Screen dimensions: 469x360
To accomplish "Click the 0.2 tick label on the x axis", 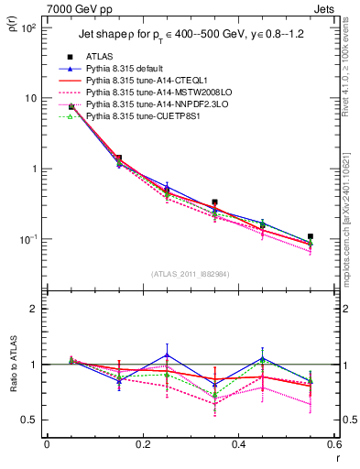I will [143, 446].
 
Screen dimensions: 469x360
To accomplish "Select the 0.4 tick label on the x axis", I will [238, 446].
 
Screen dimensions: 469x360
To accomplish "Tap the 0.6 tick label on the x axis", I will [333, 446].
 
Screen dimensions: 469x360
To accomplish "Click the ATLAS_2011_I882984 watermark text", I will [190, 274].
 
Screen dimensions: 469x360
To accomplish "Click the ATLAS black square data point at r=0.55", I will [311, 236].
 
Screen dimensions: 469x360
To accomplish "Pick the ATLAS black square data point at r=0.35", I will [214, 202].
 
